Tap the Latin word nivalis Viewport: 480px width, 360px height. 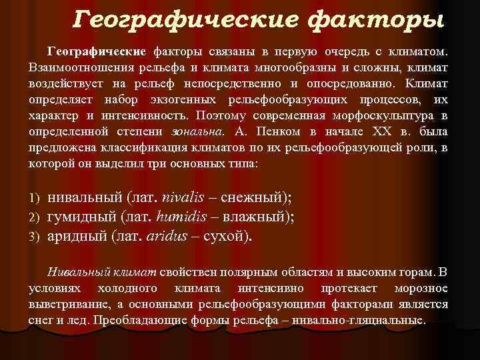(x=191, y=197)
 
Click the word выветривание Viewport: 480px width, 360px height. (x=67, y=304)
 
